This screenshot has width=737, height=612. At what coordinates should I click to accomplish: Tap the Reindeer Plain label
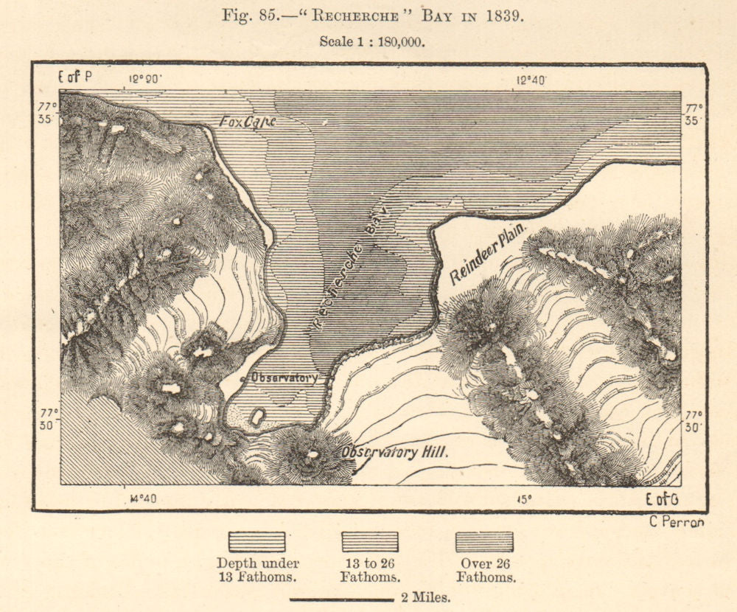[489, 256]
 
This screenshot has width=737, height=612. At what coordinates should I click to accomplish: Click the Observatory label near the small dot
[284, 377]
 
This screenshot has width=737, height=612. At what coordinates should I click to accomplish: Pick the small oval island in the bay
[256, 417]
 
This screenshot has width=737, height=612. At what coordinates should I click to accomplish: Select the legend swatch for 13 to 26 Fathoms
[370, 542]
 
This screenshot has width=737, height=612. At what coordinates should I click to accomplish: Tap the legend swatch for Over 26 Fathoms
[484, 542]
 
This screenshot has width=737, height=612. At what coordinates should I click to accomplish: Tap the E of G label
[662, 500]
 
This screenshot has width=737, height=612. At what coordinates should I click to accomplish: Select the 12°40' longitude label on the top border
[531, 80]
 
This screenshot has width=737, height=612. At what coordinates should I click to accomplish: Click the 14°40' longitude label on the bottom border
[142, 499]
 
